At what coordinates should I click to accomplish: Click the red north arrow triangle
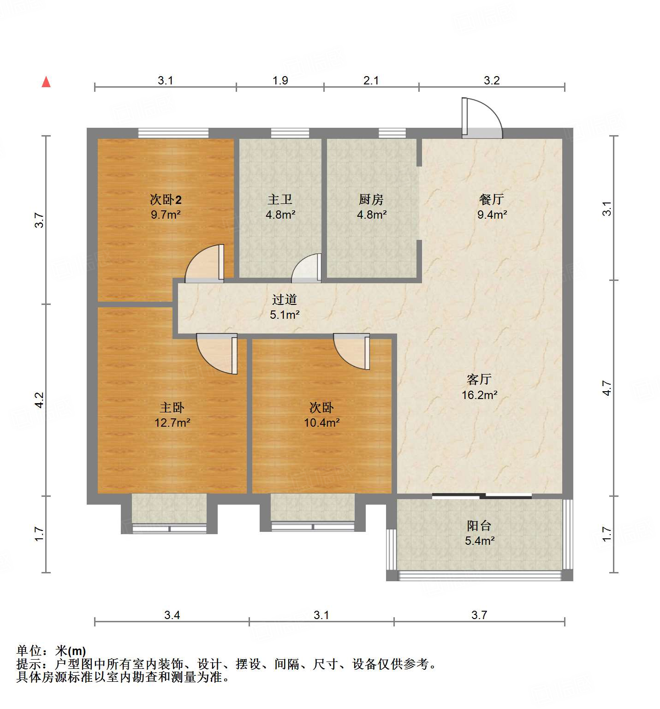(46, 82)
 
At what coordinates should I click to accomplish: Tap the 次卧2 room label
(166, 199)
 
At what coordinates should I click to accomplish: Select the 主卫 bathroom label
(280, 199)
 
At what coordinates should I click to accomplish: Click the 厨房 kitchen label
(371, 199)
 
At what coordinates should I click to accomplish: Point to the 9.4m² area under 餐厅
(492, 214)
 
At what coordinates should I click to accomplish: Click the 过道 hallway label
(284, 299)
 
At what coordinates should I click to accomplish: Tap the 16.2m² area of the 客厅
(479, 395)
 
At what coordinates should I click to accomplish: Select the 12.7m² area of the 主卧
(172, 423)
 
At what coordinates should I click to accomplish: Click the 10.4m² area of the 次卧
(321, 423)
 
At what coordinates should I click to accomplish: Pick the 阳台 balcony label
(479, 525)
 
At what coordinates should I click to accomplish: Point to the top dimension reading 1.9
(280, 80)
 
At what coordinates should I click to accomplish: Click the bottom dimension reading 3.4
(172, 615)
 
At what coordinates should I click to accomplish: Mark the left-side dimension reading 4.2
(40, 399)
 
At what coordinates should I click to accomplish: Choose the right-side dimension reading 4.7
(606, 388)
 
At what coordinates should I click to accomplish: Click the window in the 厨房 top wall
(392, 133)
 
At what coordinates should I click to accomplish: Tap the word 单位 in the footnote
(29, 651)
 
